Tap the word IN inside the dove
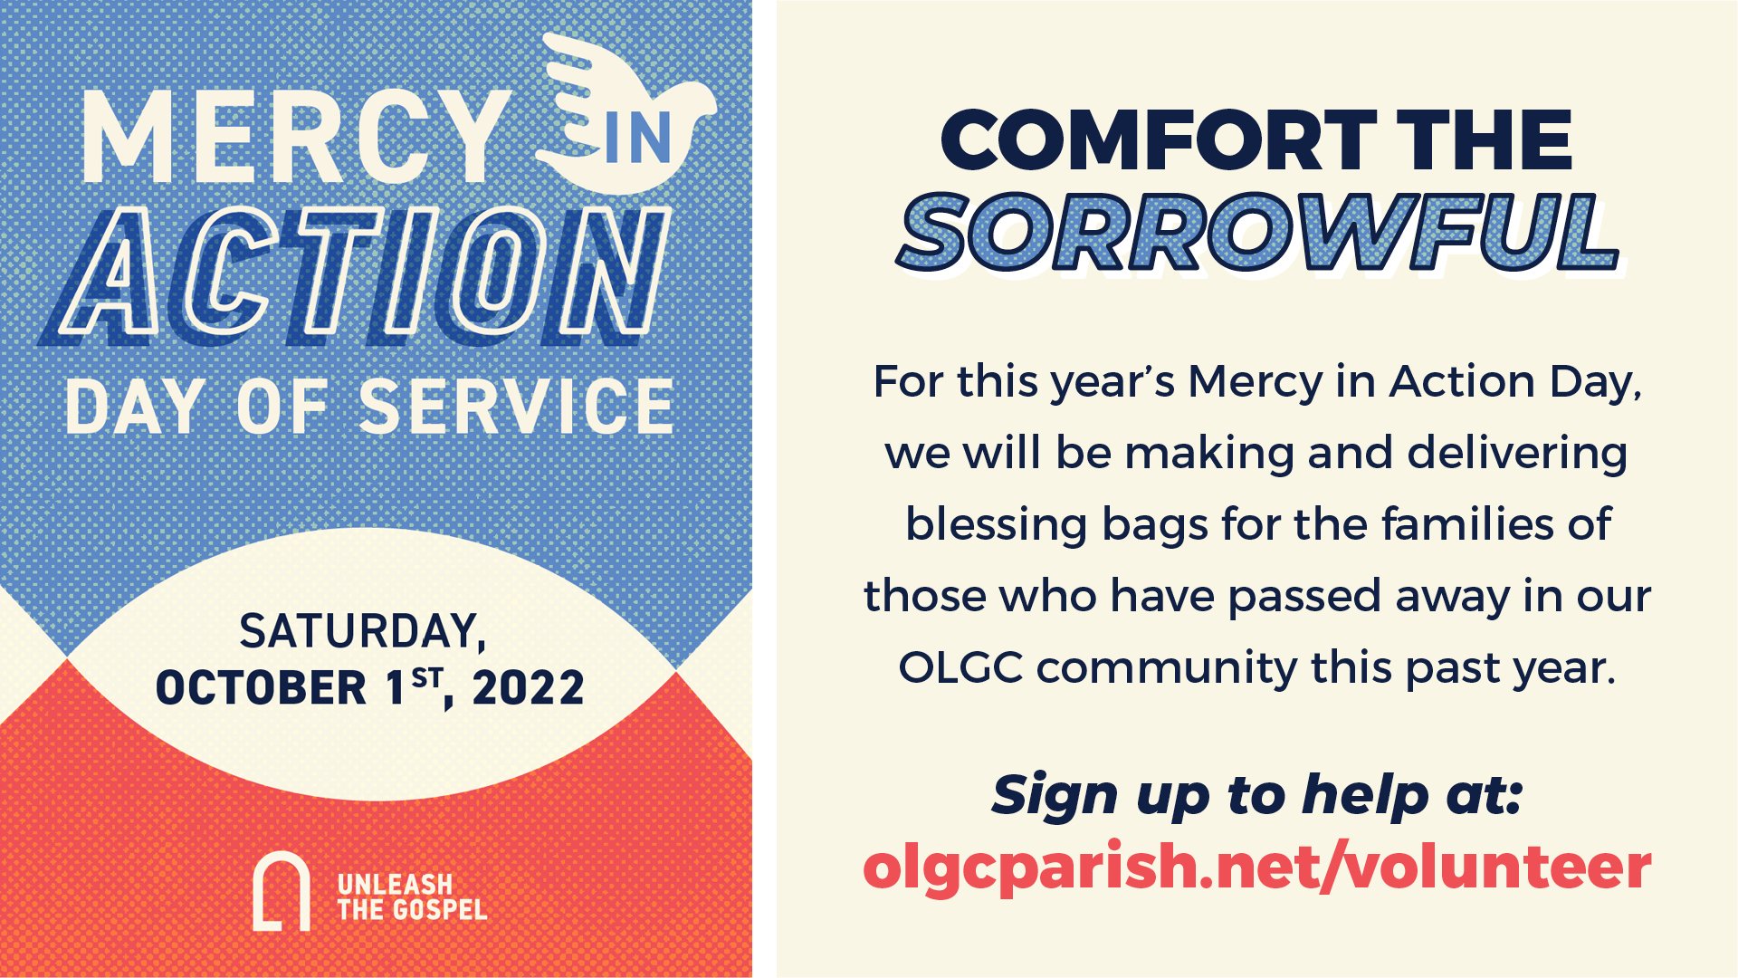(638, 138)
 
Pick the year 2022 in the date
(529, 688)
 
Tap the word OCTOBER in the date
(262, 688)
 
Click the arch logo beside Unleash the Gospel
(281, 892)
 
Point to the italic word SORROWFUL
(1258, 233)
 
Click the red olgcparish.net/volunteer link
(1257, 867)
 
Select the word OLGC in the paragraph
(960, 668)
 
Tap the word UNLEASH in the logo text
(395, 884)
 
